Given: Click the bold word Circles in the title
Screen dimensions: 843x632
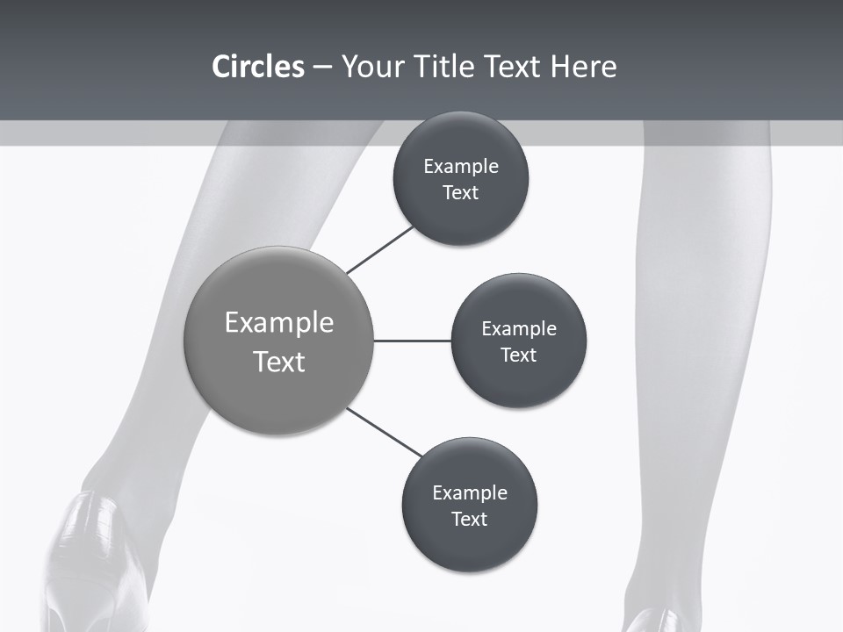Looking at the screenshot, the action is click(257, 67).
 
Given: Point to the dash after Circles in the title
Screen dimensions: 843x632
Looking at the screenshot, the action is click(322, 68).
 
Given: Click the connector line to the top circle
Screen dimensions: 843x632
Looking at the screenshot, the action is click(380, 249).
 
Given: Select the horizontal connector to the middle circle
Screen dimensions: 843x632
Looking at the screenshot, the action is click(412, 341).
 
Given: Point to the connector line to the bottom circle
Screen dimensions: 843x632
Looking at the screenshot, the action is click(385, 433).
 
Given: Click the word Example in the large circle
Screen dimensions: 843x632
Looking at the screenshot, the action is click(279, 323).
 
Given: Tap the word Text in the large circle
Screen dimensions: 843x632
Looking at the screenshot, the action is click(279, 362).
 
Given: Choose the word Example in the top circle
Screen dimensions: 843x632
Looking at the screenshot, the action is click(460, 167).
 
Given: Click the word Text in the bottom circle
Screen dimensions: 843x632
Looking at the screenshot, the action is click(469, 519).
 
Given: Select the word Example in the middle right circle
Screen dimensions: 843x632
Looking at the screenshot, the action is click(519, 329).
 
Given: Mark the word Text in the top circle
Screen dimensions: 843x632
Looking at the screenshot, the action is click(460, 192).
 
